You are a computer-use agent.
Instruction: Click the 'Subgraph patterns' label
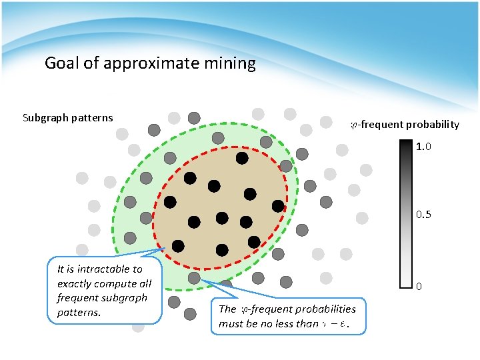point(68,118)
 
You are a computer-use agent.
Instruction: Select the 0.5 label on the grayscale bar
point(424,215)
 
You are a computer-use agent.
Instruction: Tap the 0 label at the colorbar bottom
point(419,287)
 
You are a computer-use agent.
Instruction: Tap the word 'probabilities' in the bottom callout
point(326,309)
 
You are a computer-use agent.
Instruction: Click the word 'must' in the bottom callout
point(230,324)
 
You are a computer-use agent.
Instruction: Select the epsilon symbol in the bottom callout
point(343,325)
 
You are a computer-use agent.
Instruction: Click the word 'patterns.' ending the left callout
point(79,312)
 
